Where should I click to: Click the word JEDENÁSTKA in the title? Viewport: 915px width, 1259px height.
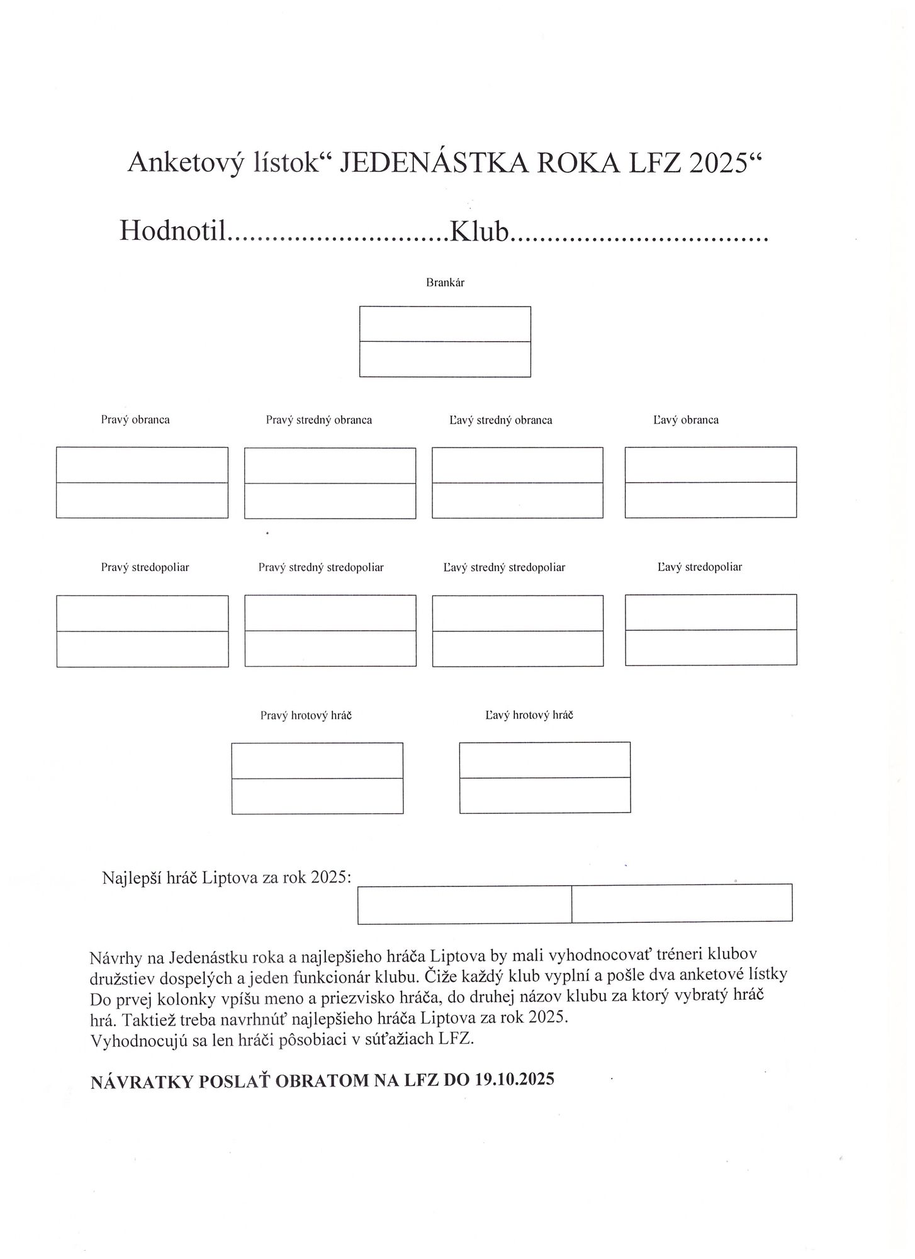432,163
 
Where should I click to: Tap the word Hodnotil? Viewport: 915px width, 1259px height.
172,231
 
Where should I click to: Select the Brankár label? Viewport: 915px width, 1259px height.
445,283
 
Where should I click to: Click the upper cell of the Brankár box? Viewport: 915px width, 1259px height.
445,324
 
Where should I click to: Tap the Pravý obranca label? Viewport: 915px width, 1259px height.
135,420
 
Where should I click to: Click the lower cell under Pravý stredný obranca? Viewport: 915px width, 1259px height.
330,501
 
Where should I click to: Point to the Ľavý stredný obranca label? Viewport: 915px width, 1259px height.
500,421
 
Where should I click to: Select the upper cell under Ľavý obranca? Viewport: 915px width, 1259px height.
710,465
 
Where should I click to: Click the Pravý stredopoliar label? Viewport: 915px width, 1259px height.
145,567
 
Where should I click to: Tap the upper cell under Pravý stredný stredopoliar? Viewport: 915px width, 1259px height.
330,613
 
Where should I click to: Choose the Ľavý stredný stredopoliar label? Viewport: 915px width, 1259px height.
504,568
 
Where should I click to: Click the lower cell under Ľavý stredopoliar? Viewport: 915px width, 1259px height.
710,648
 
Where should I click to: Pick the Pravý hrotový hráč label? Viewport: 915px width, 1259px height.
306,716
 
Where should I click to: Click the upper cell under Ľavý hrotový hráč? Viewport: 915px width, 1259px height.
544,760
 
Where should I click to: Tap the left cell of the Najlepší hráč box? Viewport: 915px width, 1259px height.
464,905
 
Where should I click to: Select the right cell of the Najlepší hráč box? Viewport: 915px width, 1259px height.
682,903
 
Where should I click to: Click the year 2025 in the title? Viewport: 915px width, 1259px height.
721,163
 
